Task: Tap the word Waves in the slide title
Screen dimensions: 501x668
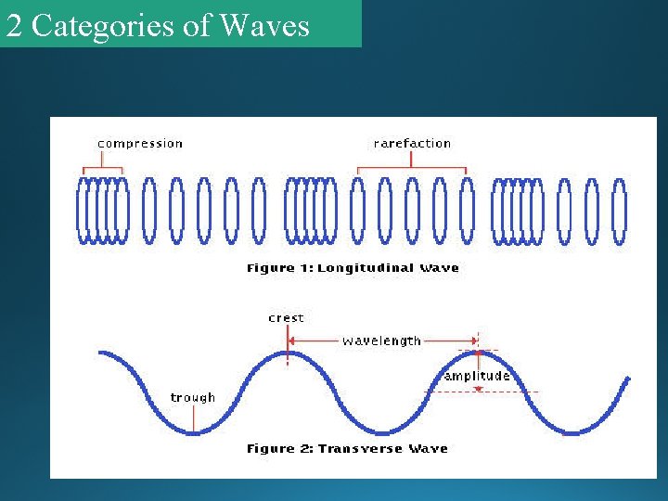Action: tap(264, 25)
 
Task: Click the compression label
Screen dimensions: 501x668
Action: tap(140, 144)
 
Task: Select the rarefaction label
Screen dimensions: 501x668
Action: tap(412, 144)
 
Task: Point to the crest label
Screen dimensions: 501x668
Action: tap(286, 318)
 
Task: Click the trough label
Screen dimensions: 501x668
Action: tap(193, 398)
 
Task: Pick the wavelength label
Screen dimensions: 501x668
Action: tap(381, 340)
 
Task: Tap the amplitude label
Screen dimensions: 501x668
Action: tap(477, 376)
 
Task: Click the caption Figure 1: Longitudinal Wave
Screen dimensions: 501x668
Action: tap(353, 268)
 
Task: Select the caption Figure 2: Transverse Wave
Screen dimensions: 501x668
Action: tap(347, 449)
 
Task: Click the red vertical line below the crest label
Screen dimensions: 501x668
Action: tap(288, 345)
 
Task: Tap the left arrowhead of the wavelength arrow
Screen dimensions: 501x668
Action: tap(293, 340)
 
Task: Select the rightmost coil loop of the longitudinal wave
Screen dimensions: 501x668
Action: tap(619, 212)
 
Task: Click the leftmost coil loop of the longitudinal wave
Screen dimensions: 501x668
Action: tap(82, 212)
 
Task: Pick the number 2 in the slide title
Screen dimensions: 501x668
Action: tap(13, 25)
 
